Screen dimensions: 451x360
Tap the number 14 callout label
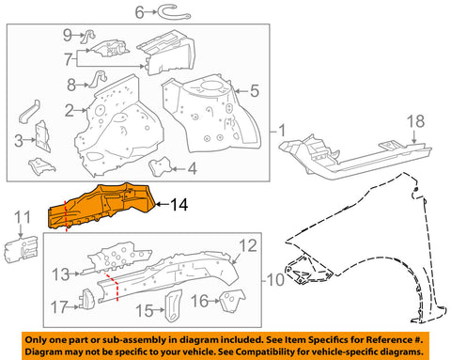[179, 205]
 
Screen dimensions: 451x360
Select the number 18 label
[415, 121]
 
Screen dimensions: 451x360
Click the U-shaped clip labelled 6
[174, 12]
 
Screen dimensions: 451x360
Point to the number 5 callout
[255, 91]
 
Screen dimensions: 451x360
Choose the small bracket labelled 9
[88, 36]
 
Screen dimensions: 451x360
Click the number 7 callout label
[69, 59]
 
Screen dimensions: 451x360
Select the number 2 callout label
[70, 111]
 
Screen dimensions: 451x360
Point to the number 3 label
[19, 141]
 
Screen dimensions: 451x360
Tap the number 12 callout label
[248, 246]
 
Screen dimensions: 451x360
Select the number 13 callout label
[60, 274]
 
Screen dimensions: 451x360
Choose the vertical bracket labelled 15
[173, 305]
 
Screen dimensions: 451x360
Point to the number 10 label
[275, 279]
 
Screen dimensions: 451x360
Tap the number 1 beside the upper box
[282, 131]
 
